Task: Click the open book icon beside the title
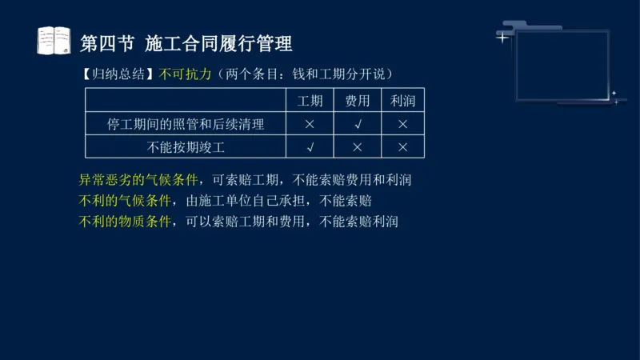pos(54,40)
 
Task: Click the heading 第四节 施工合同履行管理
pos(186,42)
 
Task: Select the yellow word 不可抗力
pos(186,74)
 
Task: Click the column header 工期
pos(310,101)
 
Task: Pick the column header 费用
pos(357,101)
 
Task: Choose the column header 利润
pos(402,101)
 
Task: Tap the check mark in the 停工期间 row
pos(357,124)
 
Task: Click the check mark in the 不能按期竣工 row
pos(310,147)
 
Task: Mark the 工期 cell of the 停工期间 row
pos(310,124)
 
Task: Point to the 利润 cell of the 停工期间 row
pos(402,124)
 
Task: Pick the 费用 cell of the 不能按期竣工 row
pos(357,147)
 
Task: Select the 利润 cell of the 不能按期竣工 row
pos(402,147)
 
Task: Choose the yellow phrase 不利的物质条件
pos(125,222)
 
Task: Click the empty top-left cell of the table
pos(186,101)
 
